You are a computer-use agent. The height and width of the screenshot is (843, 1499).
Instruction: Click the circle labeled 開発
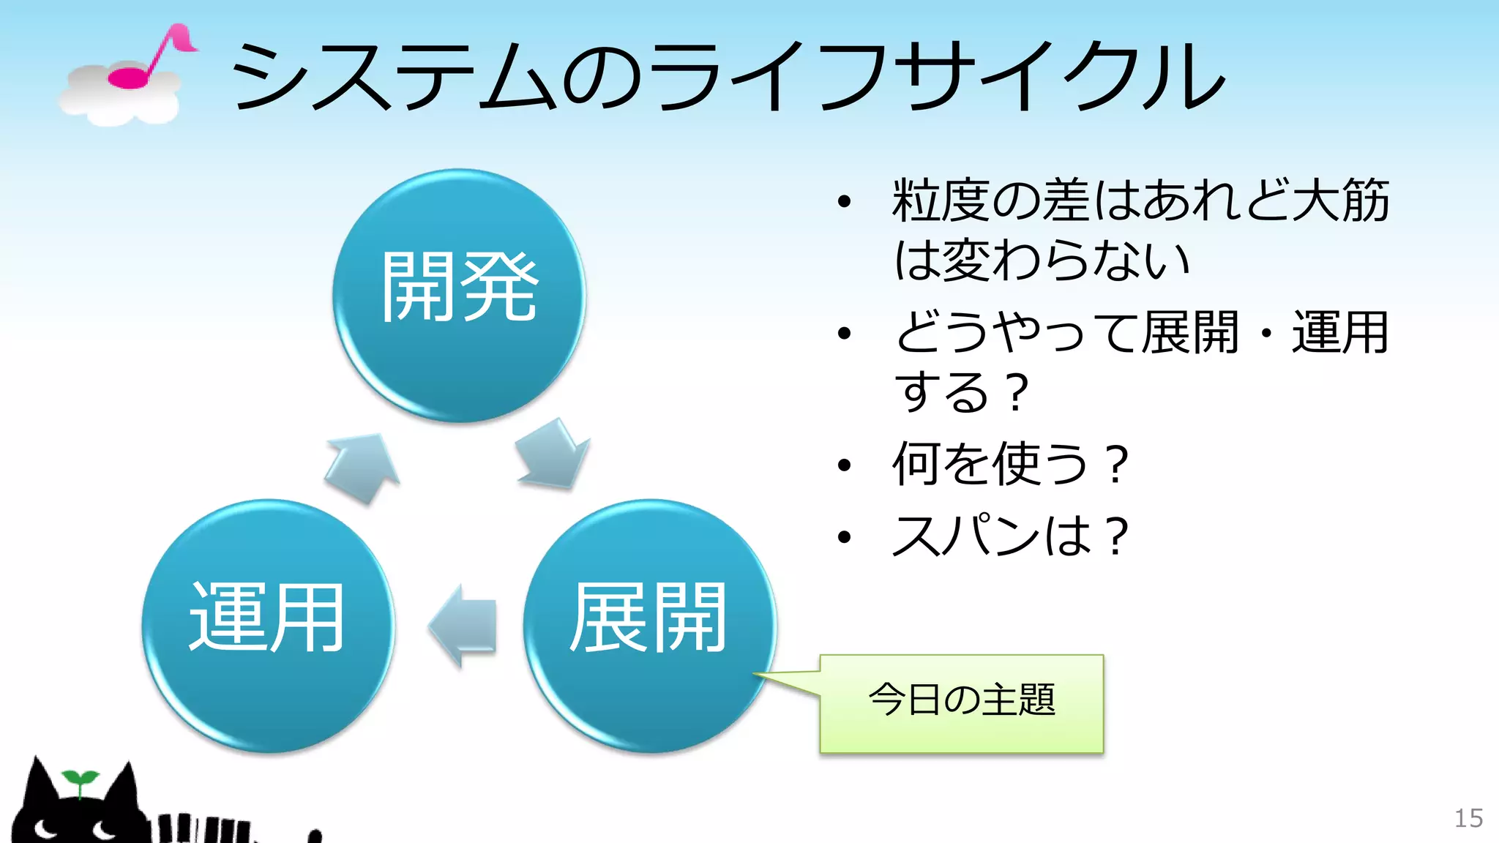coord(459,295)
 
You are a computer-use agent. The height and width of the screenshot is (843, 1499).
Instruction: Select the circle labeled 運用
coord(268,626)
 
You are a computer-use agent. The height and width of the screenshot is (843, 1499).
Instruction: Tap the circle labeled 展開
coord(649,626)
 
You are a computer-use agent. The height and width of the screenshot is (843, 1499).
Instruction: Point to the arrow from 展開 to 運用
coord(463,625)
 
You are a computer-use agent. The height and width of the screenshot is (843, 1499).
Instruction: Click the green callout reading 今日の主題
coord(961,702)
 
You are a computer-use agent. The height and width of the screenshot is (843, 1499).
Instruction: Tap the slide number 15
coord(1468,818)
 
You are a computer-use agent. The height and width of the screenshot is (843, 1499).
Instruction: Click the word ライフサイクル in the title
coord(937,77)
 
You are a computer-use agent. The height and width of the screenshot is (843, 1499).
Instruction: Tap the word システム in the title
coord(395,77)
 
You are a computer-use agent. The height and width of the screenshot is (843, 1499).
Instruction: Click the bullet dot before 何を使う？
coord(845,465)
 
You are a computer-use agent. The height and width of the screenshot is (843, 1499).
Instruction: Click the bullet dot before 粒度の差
coord(845,201)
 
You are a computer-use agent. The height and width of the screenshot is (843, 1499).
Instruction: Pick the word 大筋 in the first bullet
coord(1339,201)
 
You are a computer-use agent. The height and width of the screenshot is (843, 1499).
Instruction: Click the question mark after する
coord(1016,393)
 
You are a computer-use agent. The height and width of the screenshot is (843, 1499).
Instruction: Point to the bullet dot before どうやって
coord(845,334)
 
